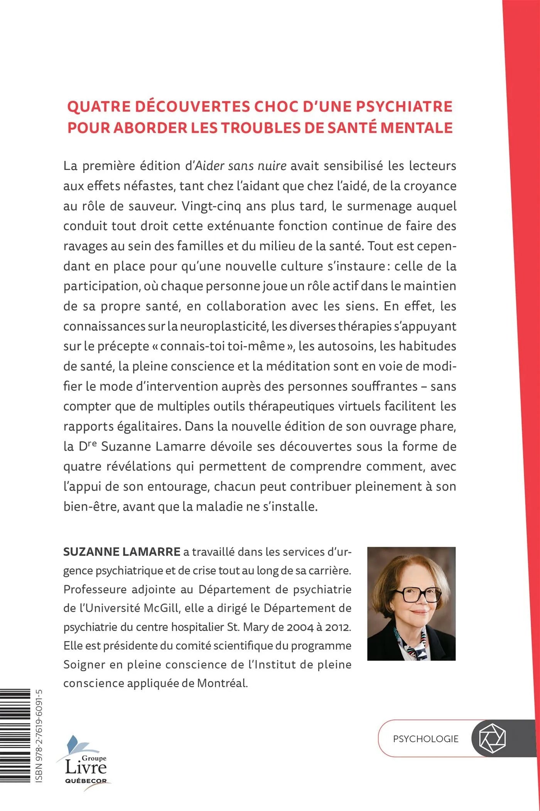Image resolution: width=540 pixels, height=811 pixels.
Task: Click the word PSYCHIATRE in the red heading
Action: click(403, 107)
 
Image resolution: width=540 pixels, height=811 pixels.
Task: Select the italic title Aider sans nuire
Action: click(241, 166)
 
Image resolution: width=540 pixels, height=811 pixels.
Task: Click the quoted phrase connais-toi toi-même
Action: click(223, 346)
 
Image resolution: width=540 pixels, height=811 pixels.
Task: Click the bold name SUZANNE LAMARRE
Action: click(122, 551)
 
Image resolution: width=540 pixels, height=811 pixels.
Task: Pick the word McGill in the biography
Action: click(161, 608)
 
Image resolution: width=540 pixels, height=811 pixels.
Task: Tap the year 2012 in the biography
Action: click(338, 627)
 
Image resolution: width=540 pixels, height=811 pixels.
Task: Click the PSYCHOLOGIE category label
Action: click(425, 739)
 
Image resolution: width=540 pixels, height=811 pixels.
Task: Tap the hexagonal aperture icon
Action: click(492, 738)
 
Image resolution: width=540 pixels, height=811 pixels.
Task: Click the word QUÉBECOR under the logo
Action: click(86, 780)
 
